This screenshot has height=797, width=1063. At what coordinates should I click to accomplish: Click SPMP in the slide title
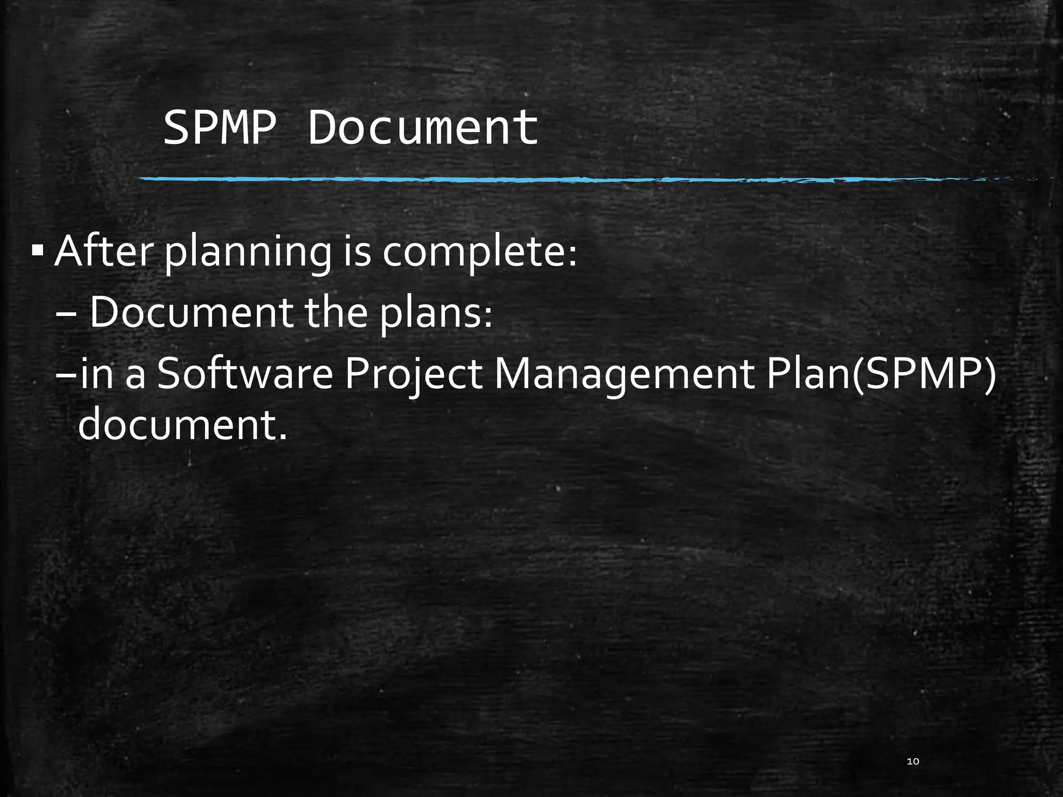(219, 128)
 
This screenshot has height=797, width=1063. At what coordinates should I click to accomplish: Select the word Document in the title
(423, 128)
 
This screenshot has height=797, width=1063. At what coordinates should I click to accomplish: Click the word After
(104, 251)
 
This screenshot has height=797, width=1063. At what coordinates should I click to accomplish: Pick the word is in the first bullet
(357, 251)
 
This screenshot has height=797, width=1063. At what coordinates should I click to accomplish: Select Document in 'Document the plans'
(190, 312)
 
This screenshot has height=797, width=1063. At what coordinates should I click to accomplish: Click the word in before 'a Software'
(97, 374)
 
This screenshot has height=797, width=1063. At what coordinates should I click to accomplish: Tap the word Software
(244, 374)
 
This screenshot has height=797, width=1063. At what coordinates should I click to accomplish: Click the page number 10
(912, 761)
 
